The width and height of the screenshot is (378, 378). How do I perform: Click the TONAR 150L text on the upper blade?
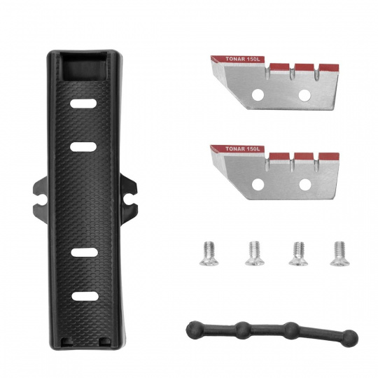tap(243, 59)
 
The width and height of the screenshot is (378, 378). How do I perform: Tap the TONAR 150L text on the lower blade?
tap(243, 148)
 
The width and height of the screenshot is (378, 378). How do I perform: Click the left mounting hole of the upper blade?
tap(258, 94)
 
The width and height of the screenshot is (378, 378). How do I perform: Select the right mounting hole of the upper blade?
tap(304, 95)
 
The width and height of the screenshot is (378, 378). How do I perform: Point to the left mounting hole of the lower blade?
tap(258, 184)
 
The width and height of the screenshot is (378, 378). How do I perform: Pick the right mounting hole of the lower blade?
tap(305, 184)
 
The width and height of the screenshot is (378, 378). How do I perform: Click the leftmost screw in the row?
tap(209, 253)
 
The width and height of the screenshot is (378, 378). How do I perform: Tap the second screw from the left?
tap(255, 253)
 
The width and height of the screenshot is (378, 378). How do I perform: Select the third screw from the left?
tap(298, 253)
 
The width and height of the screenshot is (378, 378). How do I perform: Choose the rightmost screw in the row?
tap(339, 253)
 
